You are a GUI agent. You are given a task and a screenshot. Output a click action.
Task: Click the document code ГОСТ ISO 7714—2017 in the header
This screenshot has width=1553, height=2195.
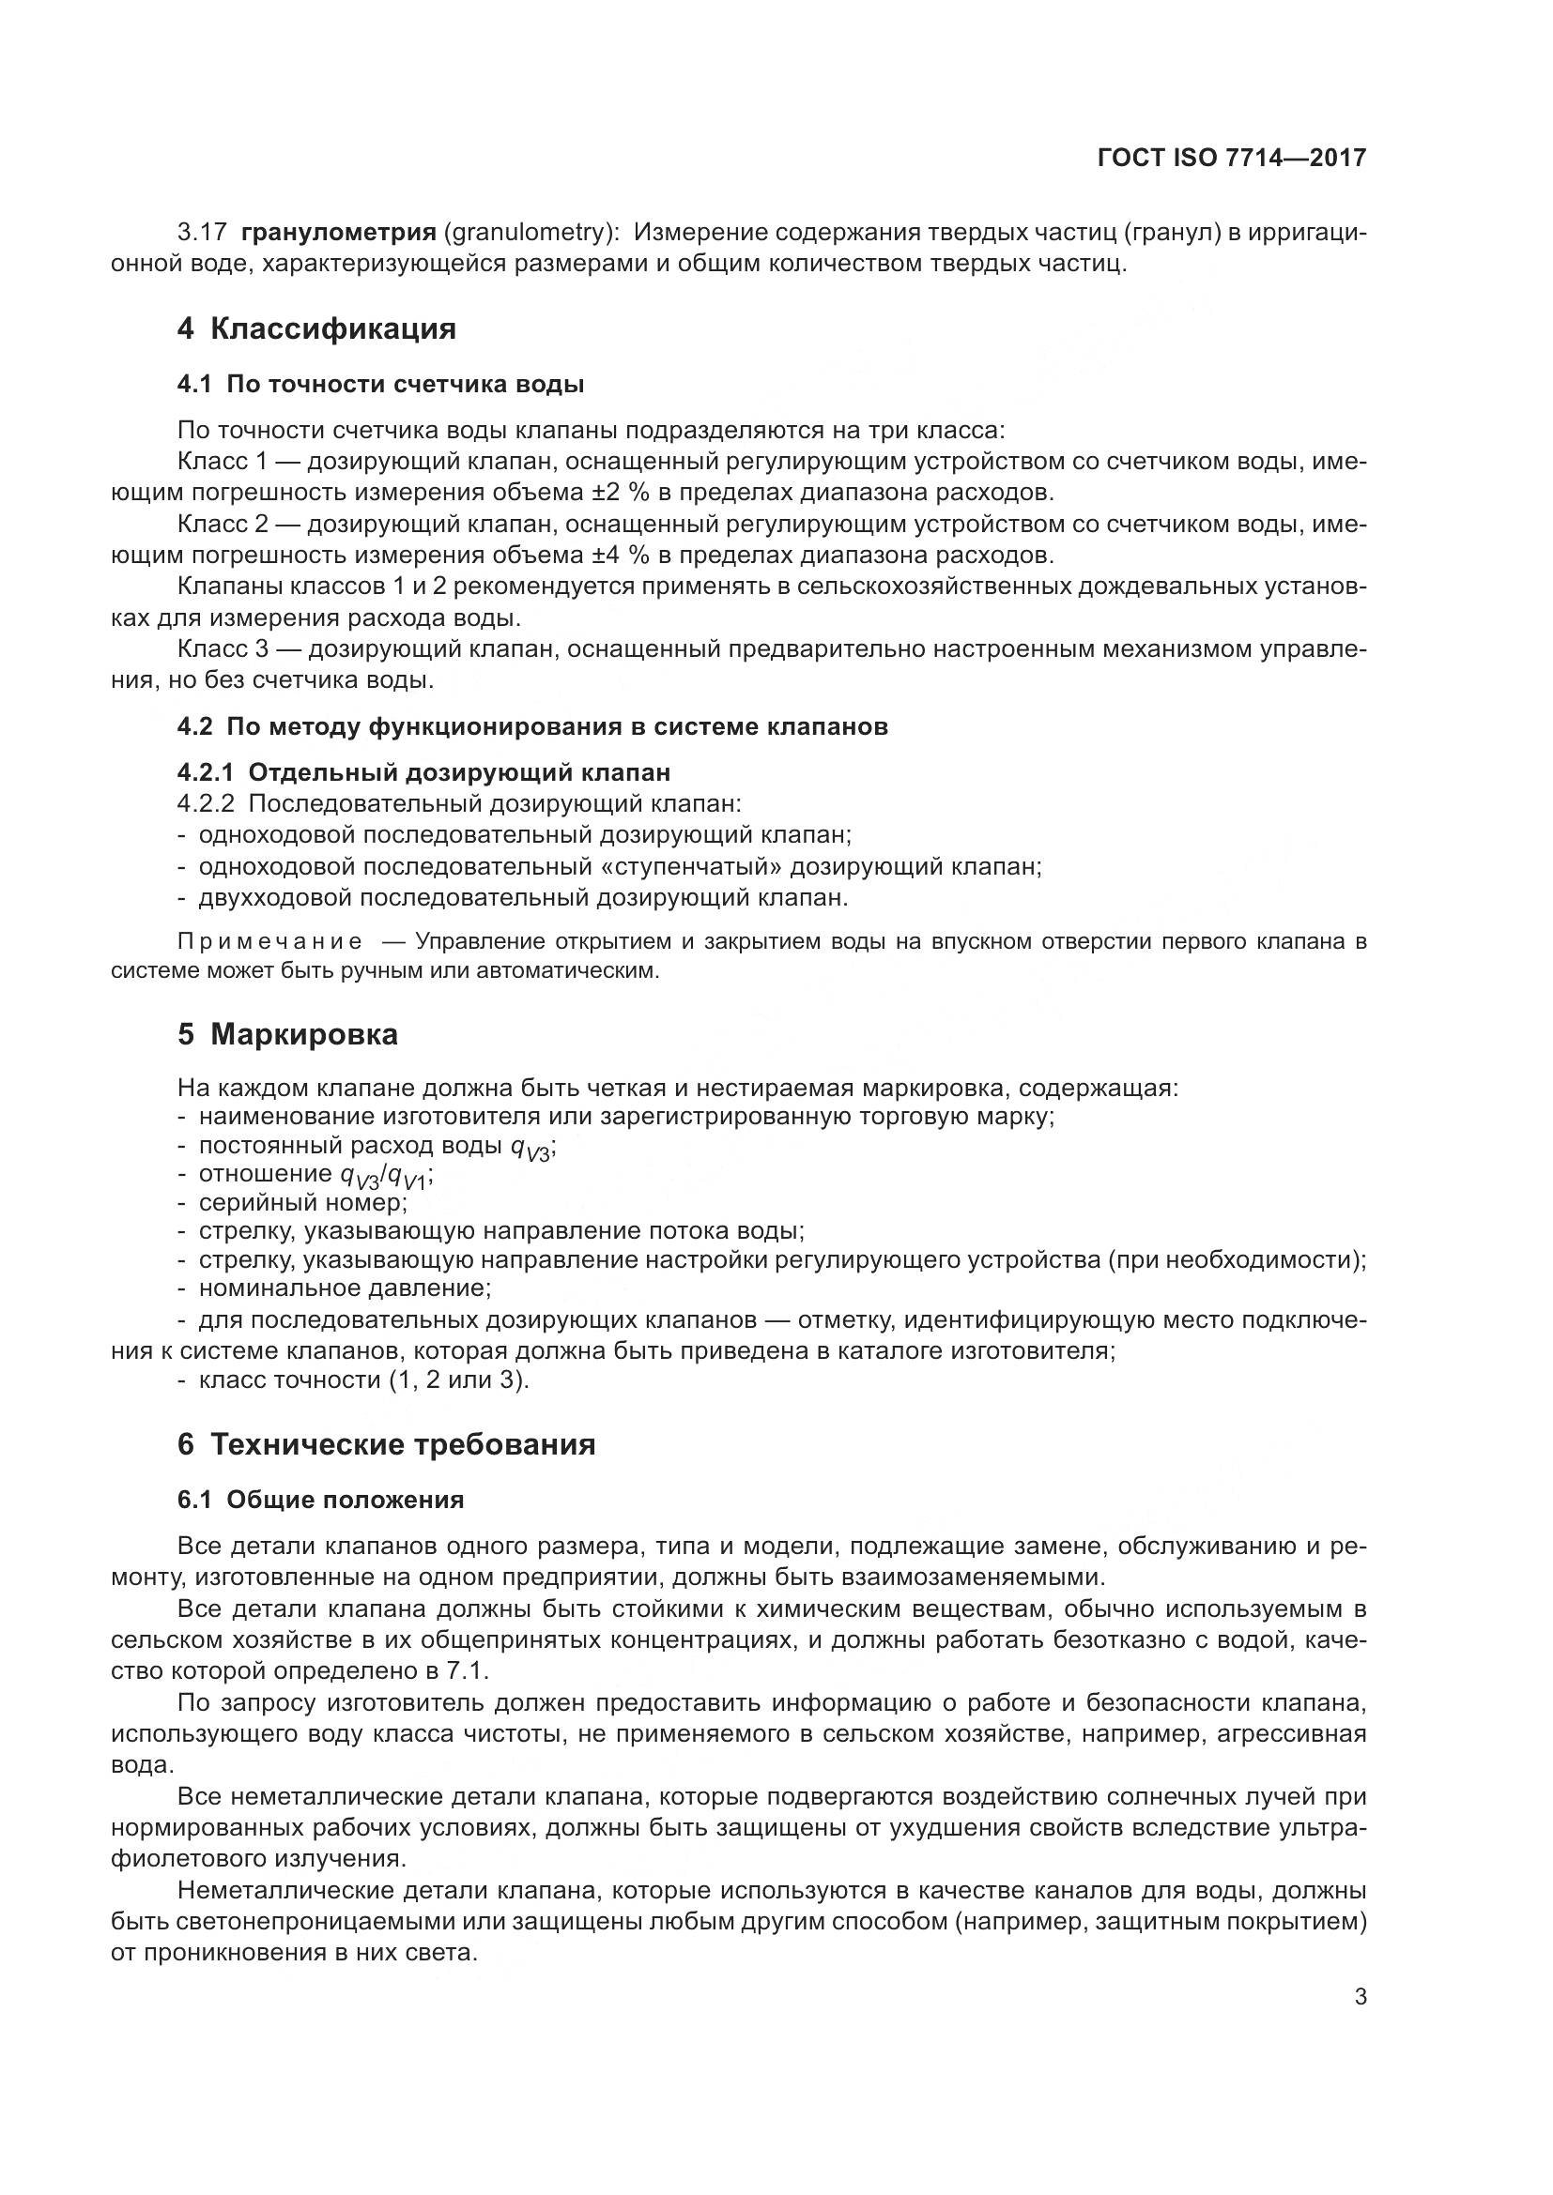[x=1232, y=158]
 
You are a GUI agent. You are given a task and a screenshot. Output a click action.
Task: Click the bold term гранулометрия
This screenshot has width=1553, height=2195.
[x=339, y=233]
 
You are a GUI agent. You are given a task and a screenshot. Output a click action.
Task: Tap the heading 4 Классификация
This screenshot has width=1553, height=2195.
[x=316, y=328]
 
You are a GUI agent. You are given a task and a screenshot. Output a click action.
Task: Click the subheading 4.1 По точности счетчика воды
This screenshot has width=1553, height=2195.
[x=380, y=385]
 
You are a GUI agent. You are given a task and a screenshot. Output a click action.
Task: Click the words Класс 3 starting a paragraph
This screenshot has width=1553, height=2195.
[x=223, y=649]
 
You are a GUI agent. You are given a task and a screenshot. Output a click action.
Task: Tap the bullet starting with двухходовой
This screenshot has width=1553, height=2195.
[x=523, y=898]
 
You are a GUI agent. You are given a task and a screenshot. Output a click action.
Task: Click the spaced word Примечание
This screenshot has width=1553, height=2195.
[x=270, y=941]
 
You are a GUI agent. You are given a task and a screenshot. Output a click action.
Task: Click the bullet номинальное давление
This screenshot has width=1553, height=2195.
[x=345, y=1288]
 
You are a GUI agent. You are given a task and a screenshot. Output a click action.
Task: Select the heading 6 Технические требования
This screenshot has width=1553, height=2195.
[x=386, y=1443]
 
